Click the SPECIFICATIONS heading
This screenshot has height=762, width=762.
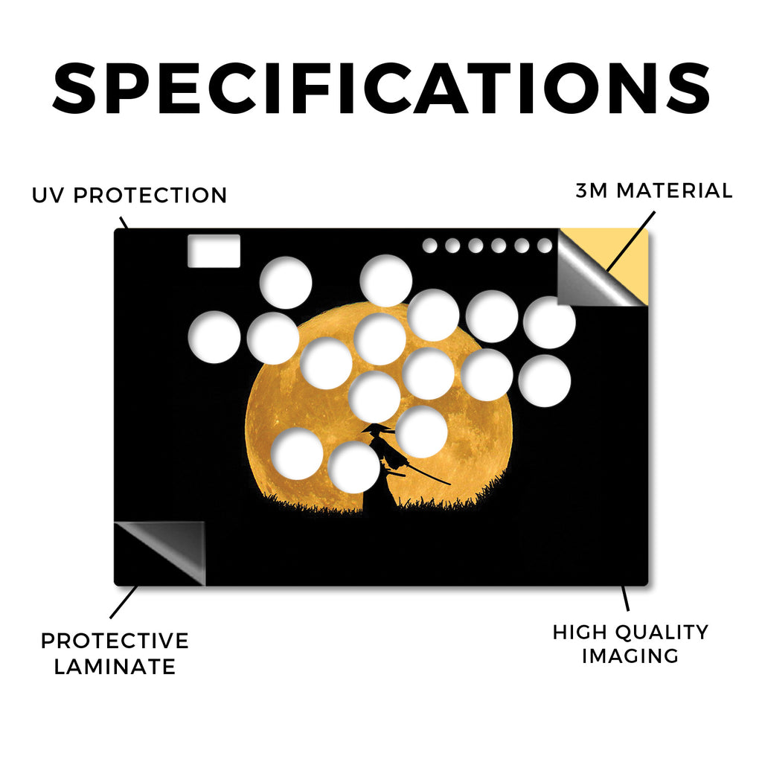[x=381, y=89]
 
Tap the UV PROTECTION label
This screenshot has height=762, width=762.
[x=129, y=196]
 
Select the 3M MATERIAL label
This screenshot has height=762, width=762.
[x=654, y=190]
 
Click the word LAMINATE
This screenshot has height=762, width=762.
[x=115, y=666]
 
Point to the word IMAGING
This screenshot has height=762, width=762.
[x=630, y=656]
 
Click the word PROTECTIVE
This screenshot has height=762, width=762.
[x=115, y=641]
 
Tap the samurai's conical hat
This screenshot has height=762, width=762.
[x=376, y=428]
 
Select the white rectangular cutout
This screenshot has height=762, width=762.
[x=214, y=251]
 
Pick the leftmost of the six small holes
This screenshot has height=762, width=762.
[x=429, y=246]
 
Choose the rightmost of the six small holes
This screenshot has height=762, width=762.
[x=545, y=246]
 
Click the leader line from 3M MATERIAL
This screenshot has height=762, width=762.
[x=631, y=241]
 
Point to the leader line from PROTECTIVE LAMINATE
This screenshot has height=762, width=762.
[x=124, y=602]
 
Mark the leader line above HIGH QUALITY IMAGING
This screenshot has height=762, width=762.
[x=625, y=598]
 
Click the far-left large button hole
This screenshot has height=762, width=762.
[x=214, y=337]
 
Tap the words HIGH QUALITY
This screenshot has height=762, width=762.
[x=630, y=633]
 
